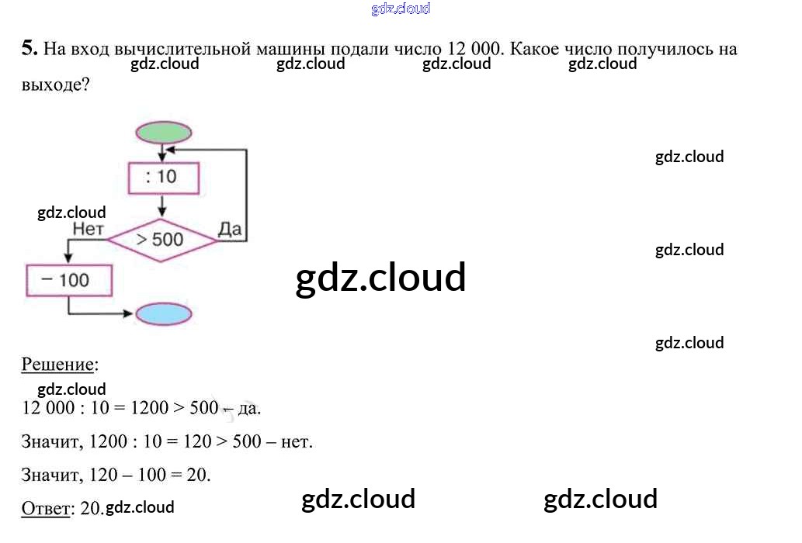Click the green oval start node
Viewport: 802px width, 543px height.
[163, 133]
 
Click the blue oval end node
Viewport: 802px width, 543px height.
[163, 314]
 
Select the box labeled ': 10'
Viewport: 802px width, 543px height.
[162, 177]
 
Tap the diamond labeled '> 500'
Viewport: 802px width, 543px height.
[161, 240]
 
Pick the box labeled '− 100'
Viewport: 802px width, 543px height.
[69, 280]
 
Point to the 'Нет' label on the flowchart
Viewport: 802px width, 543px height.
[87, 229]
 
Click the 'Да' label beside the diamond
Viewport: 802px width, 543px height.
[231, 228]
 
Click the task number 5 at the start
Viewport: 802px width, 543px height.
[29, 48]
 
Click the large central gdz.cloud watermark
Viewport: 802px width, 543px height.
[380, 278]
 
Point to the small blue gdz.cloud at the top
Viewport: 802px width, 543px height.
[401, 9]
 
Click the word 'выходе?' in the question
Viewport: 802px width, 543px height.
[56, 85]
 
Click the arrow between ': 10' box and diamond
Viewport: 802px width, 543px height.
[161, 206]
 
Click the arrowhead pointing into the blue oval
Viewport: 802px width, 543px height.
[130, 314]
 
